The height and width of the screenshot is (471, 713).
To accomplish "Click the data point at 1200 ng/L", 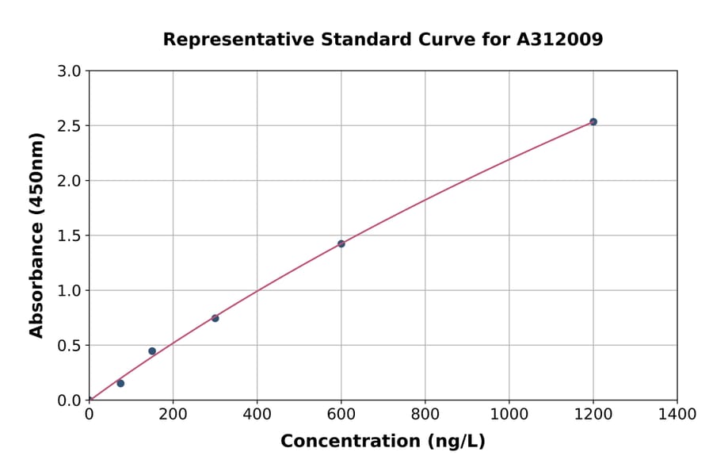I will [593, 122].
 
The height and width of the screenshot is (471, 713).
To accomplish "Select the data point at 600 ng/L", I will [341, 243].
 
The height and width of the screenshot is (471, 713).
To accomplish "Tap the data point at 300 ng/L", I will [215, 318].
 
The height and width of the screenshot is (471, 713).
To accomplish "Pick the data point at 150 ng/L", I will [152, 351].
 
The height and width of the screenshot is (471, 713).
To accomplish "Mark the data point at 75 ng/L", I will [120, 383].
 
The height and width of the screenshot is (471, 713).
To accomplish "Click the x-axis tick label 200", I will [173, 414].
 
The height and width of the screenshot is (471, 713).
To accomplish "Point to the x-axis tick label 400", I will [257, 414].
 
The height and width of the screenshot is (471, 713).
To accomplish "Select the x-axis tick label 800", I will [425, 414].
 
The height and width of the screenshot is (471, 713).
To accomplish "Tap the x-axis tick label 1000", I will [509, 414].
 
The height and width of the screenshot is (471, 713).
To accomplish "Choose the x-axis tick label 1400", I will [677, 414].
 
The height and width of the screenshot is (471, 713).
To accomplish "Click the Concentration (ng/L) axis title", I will [383, 441].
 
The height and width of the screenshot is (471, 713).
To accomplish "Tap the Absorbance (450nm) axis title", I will [36, 235].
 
